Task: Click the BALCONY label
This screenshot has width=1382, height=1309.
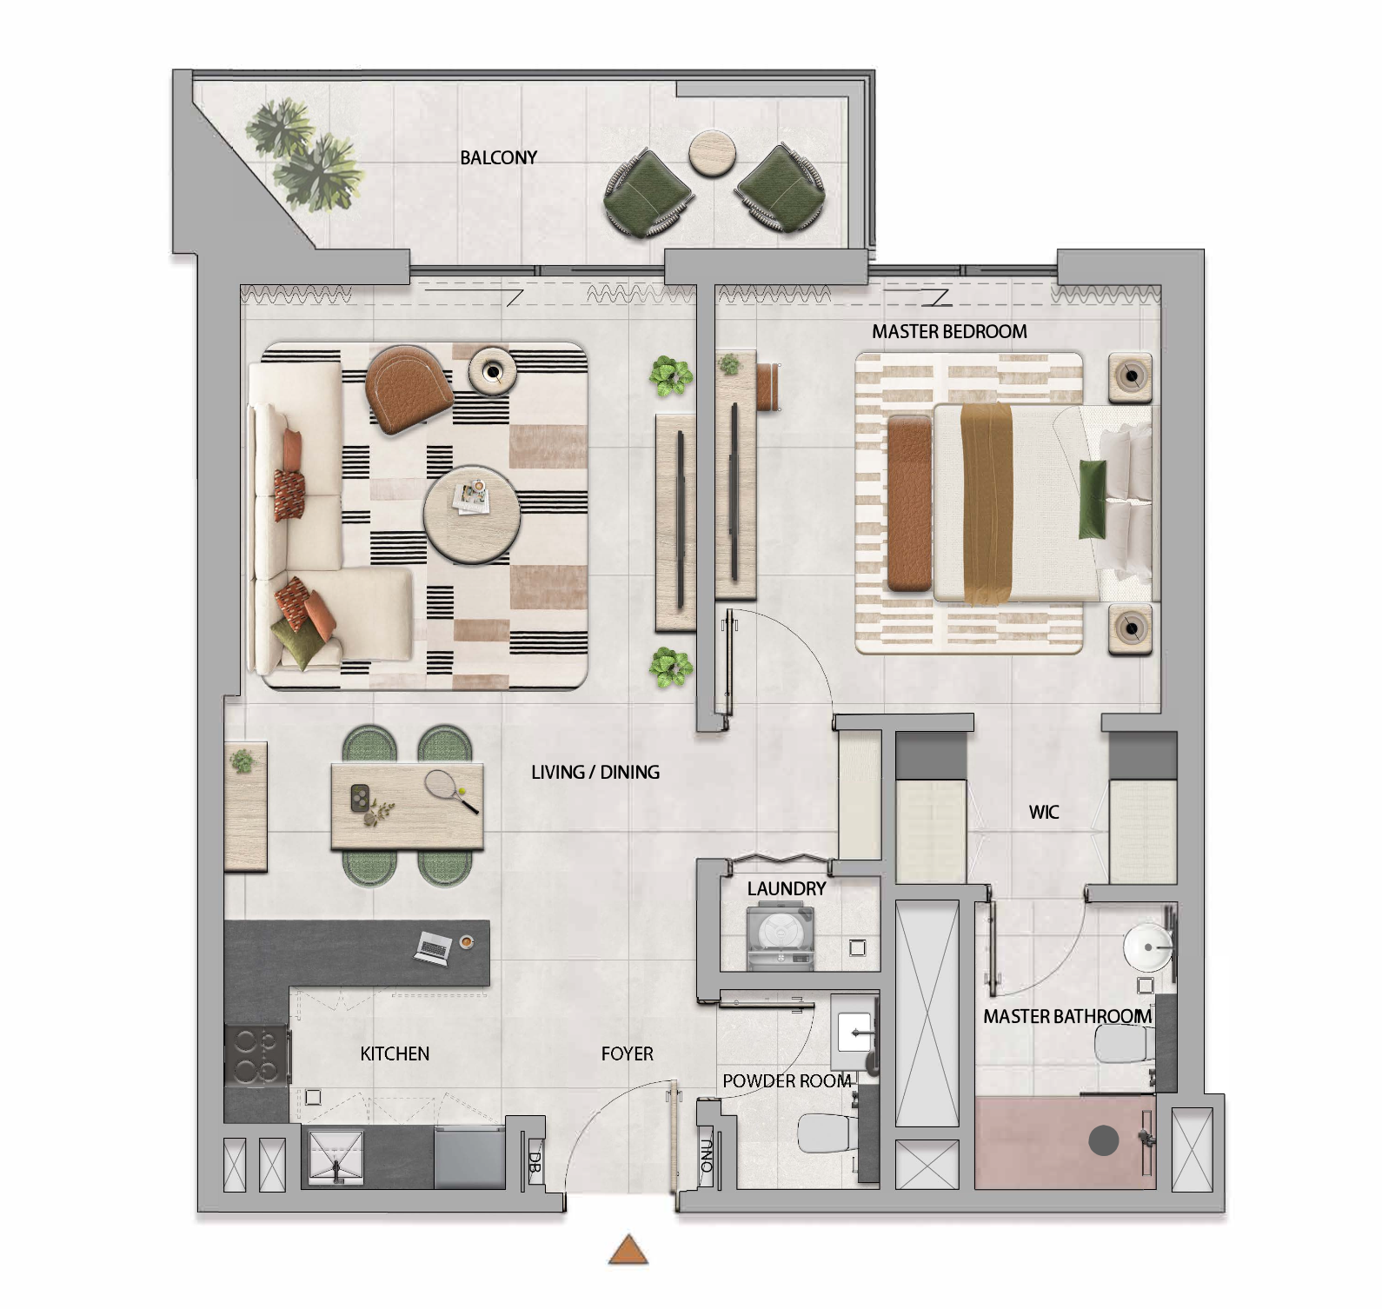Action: tap(498, 157)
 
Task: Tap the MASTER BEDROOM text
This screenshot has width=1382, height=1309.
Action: tap(949, 331)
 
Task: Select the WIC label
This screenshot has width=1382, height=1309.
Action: tap(1044, 812)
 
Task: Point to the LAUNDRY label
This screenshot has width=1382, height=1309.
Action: tap(787, 888)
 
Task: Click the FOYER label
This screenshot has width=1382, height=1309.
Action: tap(627, 1053)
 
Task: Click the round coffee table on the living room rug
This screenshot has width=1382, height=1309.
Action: tap(472, 515)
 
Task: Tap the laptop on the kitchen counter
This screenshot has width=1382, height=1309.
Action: tap(432, 947)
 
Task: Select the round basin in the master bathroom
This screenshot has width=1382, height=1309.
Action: tap(1147, 947)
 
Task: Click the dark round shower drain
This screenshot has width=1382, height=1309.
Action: tap(1104, 1140)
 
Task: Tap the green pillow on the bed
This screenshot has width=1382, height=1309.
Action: tap(1093, 500)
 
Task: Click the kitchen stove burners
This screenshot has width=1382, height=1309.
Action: tap(257, 1055)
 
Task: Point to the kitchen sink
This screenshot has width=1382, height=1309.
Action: tap(336, 1157)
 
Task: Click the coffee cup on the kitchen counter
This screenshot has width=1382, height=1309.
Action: tap(467, 940)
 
